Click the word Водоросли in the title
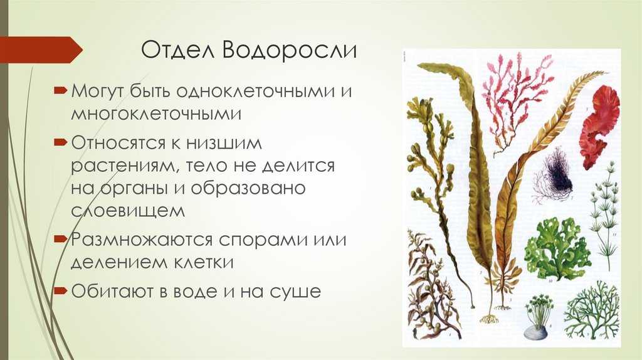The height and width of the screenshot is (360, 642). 290,50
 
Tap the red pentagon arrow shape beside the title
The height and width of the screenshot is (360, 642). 41,50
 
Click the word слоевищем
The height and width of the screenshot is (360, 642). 128,211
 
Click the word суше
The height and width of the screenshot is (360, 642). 295,292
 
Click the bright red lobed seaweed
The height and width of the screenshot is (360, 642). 599,127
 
